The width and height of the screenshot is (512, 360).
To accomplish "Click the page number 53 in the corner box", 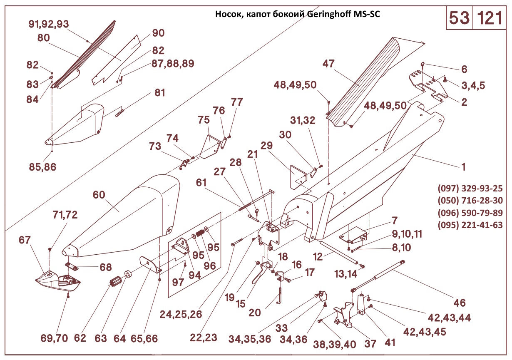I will click(459, 18).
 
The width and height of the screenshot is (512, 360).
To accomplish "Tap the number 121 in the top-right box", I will click(490, 18).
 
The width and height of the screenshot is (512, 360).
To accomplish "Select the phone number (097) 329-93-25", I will click(470, 188).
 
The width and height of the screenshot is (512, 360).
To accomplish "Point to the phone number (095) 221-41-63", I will click(470, 225).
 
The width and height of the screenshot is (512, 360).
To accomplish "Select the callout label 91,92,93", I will click(49, 24).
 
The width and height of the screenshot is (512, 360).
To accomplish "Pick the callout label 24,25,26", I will click(181, 314).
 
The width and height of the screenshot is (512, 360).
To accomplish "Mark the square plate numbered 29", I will click(298, 175).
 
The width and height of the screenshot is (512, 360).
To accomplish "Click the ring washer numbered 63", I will click(128, 275).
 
